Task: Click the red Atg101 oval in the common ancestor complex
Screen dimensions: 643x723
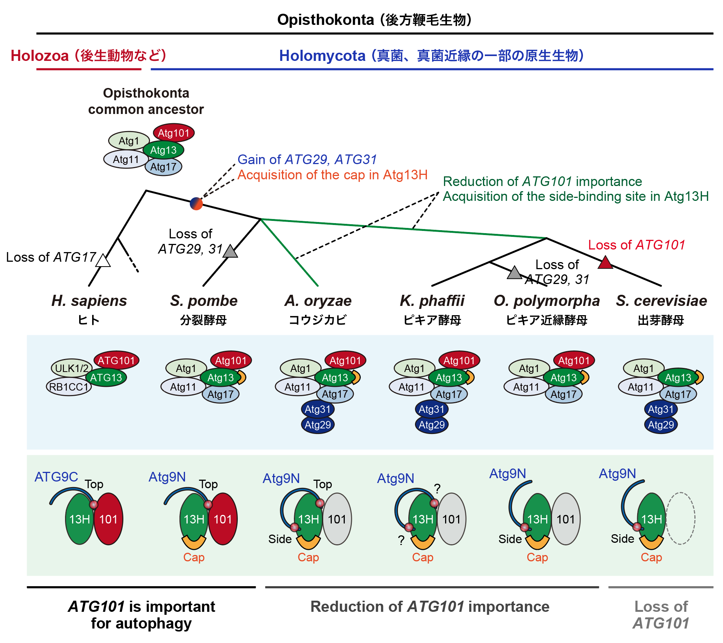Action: coord(174,133)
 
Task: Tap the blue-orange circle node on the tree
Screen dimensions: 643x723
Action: coord(196,203)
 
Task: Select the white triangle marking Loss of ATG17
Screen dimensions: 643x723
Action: coord(103,261)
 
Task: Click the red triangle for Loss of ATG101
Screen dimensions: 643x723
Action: coord(605,262)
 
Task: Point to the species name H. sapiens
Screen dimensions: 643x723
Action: coord(89,301)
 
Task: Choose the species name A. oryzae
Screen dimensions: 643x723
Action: coord(318,301)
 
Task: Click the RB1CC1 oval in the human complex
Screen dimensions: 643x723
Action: coord(69,387)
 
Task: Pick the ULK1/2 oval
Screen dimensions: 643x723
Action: coord(71,368)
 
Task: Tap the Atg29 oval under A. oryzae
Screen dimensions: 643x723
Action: coord(318,425)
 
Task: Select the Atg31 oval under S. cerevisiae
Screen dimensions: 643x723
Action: coord(661,409)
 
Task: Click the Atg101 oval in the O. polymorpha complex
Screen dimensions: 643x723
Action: coord(574,360)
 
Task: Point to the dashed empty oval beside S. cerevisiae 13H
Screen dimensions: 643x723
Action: coord(680,518)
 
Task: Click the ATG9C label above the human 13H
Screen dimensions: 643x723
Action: coord(56,477)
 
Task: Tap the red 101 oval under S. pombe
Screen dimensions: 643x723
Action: coord(223,519)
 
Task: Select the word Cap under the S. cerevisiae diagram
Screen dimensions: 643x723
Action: coord(651,557)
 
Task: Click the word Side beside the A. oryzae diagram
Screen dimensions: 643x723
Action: coord(280,539)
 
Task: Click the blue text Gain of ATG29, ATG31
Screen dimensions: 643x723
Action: coord(307,160)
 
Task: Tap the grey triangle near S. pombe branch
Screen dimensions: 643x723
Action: coord(230,251)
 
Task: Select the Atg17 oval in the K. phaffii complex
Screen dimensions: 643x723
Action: coord(449,394)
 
